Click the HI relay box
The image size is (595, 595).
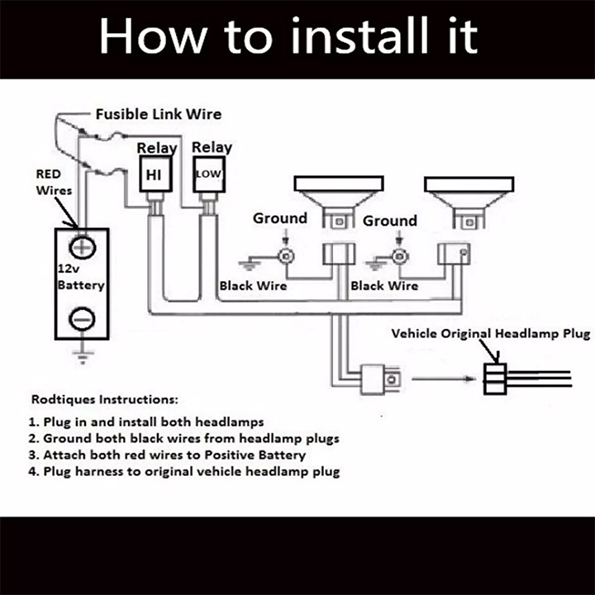click(155, 174)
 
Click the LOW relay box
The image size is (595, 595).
click(209, 174)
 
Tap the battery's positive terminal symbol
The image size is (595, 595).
click(83, 248)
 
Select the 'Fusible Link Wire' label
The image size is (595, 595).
click(159, 114)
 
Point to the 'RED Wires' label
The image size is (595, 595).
click(54, 182)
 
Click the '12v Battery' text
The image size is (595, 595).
click(81, 277)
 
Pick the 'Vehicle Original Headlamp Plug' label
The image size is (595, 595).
click(491, 334)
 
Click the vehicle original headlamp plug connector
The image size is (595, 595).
click(495, 378)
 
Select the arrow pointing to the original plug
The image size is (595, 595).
click(443, 378)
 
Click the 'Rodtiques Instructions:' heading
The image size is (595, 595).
click(105, 399)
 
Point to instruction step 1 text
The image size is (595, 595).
click(146, 422)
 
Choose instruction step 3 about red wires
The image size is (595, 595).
click(167, 455)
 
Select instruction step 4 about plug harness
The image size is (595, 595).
click(184, 471)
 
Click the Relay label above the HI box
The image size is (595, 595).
click(157, 148)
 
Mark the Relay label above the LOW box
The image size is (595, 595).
click(212, 147)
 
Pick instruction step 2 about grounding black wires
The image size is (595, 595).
click(183, 438)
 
